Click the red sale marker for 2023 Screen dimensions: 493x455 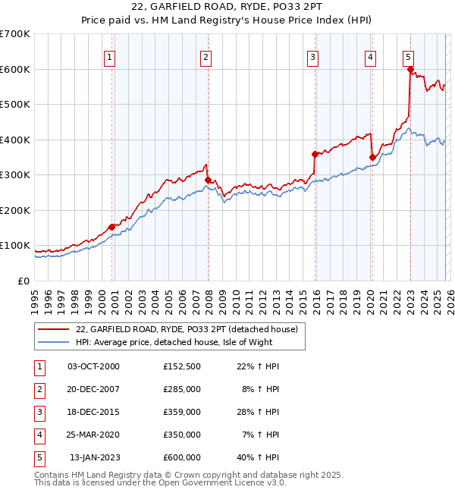410,70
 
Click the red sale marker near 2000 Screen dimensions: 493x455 111,226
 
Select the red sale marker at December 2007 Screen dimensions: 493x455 208,180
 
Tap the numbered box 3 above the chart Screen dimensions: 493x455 312,55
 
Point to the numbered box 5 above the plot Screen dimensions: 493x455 409,55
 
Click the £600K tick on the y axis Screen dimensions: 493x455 15,69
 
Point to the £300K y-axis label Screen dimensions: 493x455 15,174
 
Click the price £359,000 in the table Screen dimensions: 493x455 181,412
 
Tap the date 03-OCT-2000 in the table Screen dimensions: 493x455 93,366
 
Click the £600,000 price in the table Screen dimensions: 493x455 181,457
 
